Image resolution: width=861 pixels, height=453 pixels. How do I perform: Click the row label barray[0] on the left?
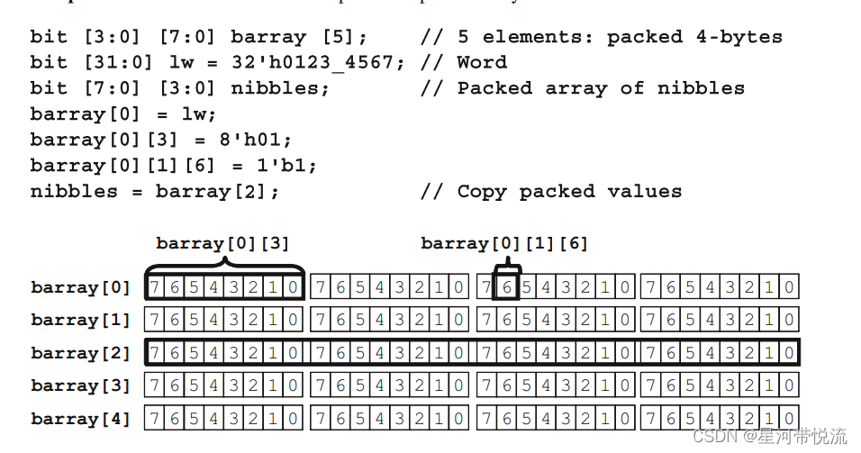tap(81, 288)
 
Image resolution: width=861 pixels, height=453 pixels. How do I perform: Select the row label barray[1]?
tap(81, 321)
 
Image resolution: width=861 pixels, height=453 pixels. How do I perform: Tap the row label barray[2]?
tap(81, 353)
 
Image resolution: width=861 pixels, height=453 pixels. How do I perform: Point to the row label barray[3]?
tap(81, 386)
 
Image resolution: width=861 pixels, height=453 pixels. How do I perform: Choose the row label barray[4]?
tap(81, 419)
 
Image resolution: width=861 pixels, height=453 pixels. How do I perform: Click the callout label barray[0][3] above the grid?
tap(222, 244)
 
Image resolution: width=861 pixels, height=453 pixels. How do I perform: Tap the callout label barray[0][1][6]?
tap(504, 244)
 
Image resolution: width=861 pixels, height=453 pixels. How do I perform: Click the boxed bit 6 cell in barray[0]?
tap(507, 288)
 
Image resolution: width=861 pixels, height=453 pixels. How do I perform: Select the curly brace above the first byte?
tap(224, 266)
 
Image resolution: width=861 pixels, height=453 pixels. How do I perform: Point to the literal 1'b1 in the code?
tap(291, 166)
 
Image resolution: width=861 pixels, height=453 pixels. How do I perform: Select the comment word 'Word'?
tap(482, 62)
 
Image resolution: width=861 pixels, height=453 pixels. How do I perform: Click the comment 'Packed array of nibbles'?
tap(601, 88)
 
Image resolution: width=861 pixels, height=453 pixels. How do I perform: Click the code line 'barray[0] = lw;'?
tap(123, 114)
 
